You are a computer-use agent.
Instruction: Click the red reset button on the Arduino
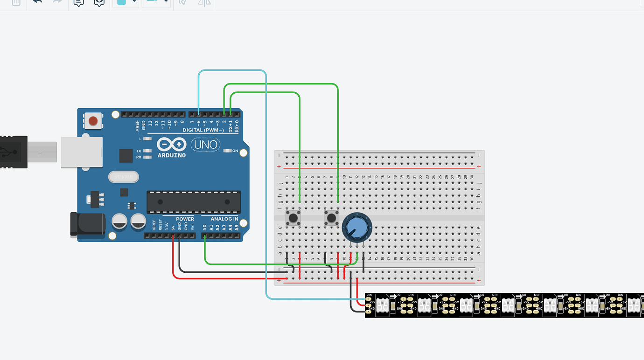click(93, 121)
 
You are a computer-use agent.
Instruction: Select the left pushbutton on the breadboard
click(293, 217)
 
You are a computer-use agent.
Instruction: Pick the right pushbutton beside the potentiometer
click(331, 217)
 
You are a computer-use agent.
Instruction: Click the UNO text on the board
click(206, 145)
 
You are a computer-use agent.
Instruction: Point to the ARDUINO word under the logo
click(172, 155)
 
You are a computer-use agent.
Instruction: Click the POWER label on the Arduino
click(185, 219)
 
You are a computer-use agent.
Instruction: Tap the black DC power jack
click(87, 224)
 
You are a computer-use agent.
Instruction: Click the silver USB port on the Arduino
click(82, 152)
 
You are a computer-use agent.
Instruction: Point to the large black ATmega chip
click(194, 202)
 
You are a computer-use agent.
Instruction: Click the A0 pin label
click(205, 228)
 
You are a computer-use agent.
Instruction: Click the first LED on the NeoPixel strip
click(383, 305)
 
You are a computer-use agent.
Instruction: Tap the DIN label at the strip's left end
click(369, 295)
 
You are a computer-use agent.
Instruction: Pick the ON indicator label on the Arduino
click(235, 151)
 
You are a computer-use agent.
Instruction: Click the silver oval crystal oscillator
click(124, 177)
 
